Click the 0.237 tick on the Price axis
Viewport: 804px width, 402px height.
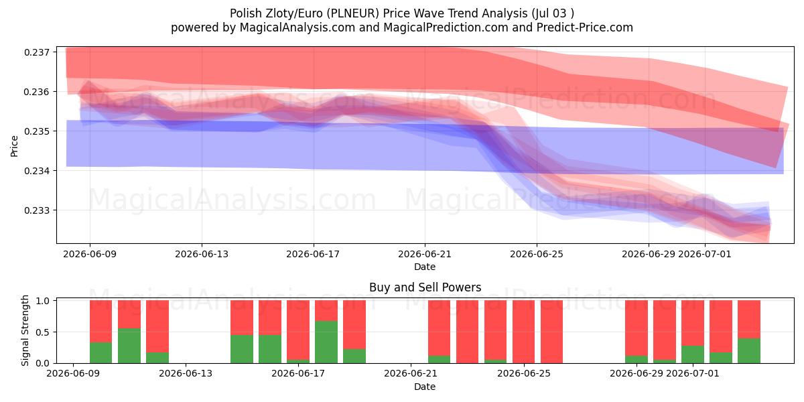(37, 52)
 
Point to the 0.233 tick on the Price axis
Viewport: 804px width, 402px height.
(37, 210)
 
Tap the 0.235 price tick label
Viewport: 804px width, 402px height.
(37, 131)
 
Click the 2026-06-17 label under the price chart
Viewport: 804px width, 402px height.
(313, 254)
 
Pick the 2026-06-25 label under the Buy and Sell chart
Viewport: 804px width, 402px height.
(524, 374)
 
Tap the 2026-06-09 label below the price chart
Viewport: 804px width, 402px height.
(90, 254)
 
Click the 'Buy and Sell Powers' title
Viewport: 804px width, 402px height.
(425, 287)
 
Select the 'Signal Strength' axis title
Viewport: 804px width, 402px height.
(25, 330)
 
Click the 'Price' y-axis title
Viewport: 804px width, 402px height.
(14, 147)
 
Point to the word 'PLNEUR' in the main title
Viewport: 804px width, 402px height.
(353, 13)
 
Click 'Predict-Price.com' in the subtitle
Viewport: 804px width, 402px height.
(585, 27)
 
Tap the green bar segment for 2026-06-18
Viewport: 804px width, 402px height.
(326, 342)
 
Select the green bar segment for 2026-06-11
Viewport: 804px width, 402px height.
(129, 346)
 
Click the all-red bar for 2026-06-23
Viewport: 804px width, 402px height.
(468, 332)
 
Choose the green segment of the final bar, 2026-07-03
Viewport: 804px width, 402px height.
(749, 350)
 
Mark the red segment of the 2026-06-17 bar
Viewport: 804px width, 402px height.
(298, 330)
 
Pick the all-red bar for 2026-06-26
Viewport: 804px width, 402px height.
(551, 332)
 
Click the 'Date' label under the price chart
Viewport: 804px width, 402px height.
(425, 267)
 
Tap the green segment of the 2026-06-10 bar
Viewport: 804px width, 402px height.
(101, 352)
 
